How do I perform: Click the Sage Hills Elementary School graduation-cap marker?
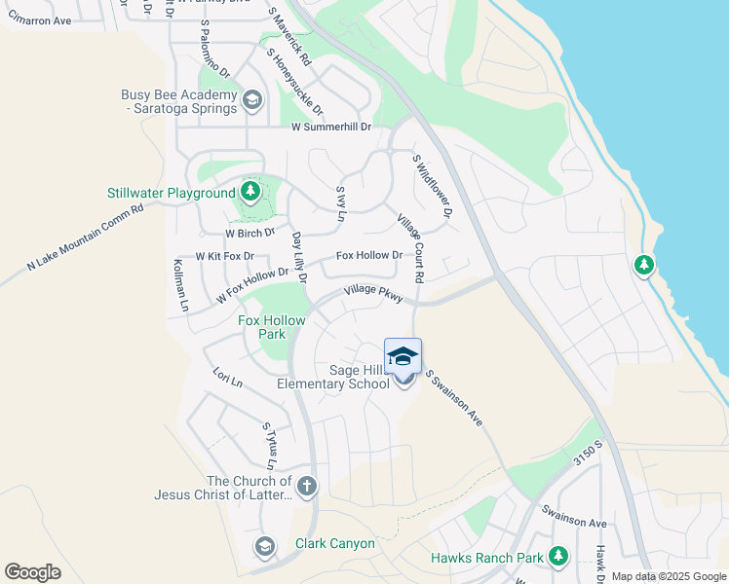coord(403,357)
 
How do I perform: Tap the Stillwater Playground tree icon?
coord(250,192)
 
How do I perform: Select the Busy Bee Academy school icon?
coord(252,100)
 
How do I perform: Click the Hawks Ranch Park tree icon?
coord(558,557)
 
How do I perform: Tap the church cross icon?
coord(306,487)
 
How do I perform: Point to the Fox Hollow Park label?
coord(272,327)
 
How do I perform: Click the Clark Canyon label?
coord(334,543)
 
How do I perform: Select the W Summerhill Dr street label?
coord(331,128)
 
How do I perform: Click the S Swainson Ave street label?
coord(453,396)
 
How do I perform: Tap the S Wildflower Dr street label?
coord(433,186)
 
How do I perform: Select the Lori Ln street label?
coord(226,377)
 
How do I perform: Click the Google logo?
coord(32,572)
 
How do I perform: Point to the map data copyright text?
coord(670,576)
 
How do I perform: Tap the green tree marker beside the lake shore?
coord(643,265)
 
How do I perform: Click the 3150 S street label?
coord(588,454)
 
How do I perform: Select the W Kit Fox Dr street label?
coord(224,257)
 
